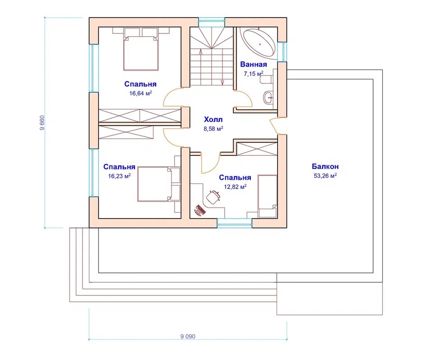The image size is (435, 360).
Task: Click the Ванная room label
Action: tap(254, 65)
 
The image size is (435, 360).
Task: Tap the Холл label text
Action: tap(213, 120)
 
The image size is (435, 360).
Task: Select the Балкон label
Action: tap(325, 167)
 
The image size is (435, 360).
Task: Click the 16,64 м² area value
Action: tap(141, 93)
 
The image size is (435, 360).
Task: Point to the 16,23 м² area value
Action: tap(119, 176)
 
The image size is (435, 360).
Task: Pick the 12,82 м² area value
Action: tap(235, 187)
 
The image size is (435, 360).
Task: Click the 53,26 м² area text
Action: tap(325, 176)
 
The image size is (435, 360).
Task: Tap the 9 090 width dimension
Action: tap(188, 337)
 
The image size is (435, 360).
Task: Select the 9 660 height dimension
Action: tap(42, 122)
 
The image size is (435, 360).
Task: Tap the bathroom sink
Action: tap(268, 97)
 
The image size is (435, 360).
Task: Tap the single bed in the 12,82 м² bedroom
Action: tap(268, 196)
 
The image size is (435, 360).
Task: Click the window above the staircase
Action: tap(211, 22)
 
